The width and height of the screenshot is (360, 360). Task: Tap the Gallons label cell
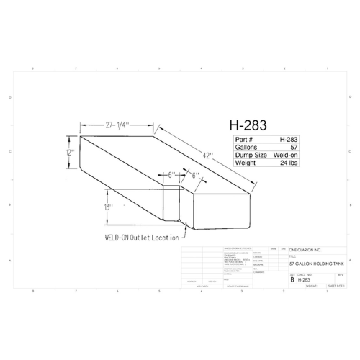(248, 147)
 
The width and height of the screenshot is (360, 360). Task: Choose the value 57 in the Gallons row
(294, 147)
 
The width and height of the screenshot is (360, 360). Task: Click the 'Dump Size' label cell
(251, 155)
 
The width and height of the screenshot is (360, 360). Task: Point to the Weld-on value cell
(286, 155)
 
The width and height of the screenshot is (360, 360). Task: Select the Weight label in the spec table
(246, 163)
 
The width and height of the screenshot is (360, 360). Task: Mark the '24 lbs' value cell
(289, 163)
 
